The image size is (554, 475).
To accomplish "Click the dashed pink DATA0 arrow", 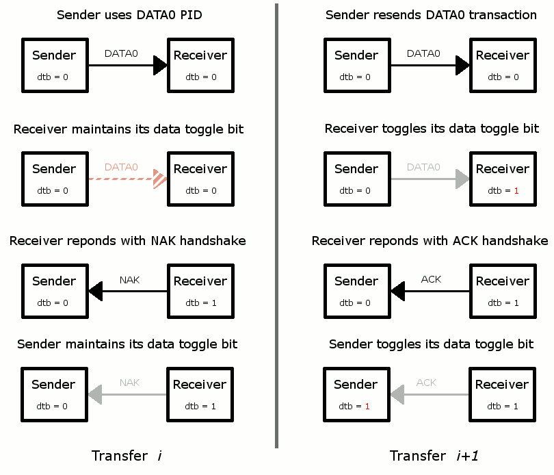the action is [x=128, y=179].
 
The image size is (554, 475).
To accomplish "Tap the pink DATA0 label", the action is [x=121, y=167].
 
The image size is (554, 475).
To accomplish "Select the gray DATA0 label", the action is [x=423, y=167].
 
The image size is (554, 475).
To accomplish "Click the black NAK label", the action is [x=129, y=280].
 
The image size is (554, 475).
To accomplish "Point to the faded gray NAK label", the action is [x=129, y=383].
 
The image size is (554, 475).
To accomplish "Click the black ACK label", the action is [x=431, y=279].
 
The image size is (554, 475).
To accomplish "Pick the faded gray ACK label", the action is [x=426, y=383].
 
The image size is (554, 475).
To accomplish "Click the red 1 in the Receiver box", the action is [x=516, y=191].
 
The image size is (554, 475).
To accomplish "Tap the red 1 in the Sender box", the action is [x=367, y=407].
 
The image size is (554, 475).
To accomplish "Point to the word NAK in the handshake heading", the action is [x=163, y=241].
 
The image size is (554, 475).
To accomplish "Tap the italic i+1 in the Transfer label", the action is [x=467, y=456].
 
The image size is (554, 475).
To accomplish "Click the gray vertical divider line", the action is [x=276, y=226].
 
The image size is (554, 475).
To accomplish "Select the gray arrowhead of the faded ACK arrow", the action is [x=397, y=395].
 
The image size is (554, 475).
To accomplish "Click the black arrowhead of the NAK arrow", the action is [x=95, y=292].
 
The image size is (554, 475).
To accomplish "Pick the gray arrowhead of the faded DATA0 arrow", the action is [x=462, y=179].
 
